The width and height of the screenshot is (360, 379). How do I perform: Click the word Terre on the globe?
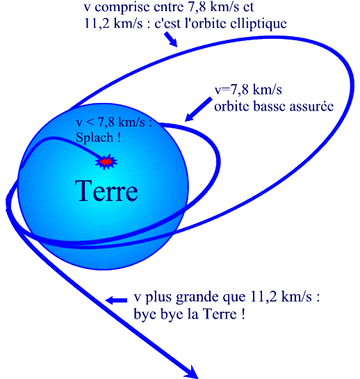click(106, 191)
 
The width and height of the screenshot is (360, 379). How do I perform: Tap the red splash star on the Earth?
click(106, 162)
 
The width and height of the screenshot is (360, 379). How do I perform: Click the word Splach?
click(95, 138)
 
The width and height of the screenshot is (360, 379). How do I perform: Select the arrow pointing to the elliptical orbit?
click(170, 40)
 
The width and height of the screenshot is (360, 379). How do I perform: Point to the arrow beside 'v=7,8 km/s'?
click(198, 109)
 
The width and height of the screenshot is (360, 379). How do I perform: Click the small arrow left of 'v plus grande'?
click(116, 300)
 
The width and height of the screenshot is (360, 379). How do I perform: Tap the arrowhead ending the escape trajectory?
click(191, 372)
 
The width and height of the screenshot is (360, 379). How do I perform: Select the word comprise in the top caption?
click(122, 8)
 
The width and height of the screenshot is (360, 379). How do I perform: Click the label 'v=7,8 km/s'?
click(248, 90)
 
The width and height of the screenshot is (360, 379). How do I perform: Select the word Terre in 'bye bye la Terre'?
click(220, 314)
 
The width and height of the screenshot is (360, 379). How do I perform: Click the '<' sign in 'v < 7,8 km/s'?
click(90, 123)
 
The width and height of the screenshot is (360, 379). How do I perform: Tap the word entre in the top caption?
click(168, 7)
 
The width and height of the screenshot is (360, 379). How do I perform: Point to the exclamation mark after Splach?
click(119, 137)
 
